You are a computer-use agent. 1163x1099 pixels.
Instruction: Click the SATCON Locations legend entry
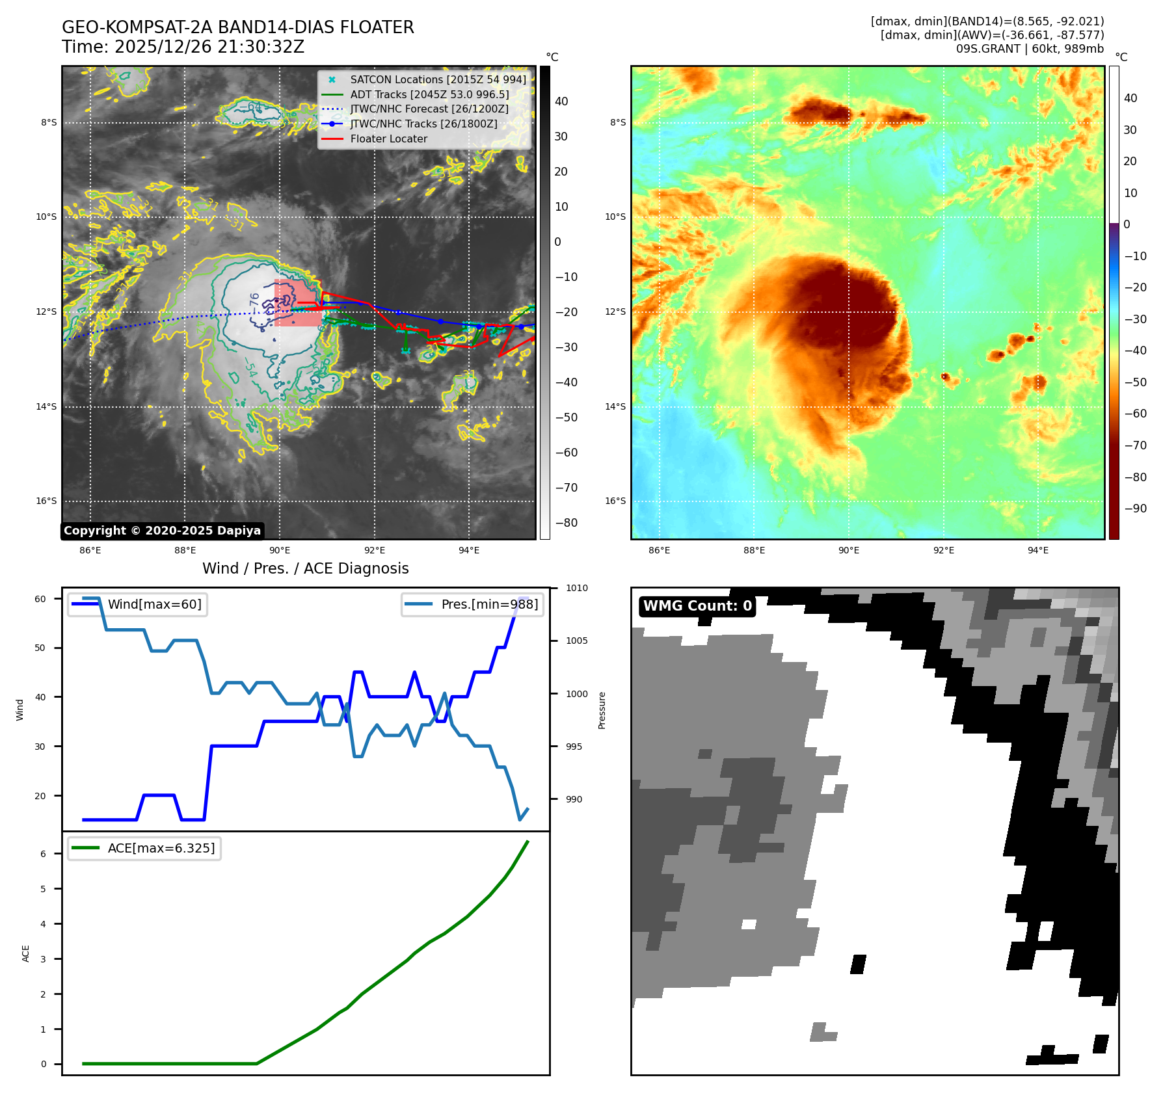point(438,79)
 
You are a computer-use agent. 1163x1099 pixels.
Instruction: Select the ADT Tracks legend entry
point(429,94)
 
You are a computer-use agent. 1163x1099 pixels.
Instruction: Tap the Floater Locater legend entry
point(388,139)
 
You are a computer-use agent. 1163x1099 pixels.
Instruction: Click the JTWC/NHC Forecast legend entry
point(429,109)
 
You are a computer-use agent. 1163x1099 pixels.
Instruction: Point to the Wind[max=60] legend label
point(154,604)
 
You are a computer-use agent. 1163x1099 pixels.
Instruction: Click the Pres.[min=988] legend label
point(489,604)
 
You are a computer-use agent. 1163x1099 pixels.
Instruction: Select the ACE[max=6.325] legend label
point(161,848)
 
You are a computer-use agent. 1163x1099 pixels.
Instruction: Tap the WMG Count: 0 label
point(697,606)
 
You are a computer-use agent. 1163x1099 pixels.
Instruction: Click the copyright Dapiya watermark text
point(162,531)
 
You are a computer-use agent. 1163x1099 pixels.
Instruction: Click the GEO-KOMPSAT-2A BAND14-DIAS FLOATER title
point(237,27)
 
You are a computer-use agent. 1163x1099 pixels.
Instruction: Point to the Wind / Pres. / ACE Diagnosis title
point(305,568)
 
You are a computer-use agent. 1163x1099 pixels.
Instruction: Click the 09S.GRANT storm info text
point(1030,49)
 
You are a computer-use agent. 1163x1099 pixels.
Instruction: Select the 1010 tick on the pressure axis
point(576,588)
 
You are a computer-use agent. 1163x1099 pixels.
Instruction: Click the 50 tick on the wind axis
point(40,648)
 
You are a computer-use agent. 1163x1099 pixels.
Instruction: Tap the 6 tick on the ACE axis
point(44,854)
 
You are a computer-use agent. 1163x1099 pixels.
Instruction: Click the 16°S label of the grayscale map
point(46,501)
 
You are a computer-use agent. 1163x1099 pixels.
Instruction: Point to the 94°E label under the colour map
point(1038,550)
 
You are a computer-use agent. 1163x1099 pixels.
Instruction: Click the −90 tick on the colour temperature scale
point(1135,509)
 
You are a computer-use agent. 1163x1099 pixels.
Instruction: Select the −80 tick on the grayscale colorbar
point(566,523)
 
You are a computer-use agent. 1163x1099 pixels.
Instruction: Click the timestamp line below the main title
point(183,47)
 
